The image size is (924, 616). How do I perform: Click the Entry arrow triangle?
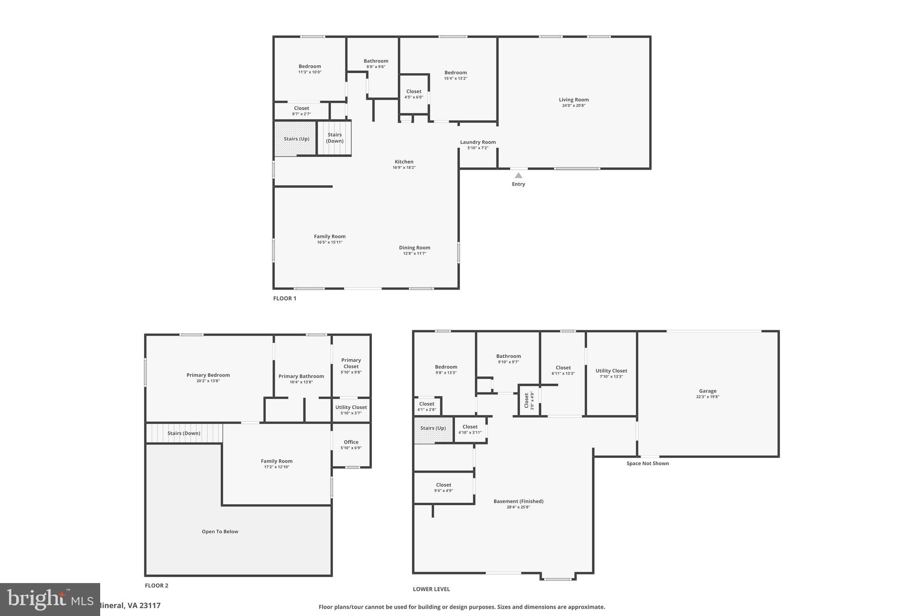pos(518,176)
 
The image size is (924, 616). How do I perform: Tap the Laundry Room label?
pos(478,142)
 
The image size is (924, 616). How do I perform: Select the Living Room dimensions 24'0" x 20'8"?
pos(573,106)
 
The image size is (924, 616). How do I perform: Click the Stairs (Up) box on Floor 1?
pos(296,139)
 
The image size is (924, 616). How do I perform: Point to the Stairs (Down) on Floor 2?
pos(184,433)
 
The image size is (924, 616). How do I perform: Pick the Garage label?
pos(707,391)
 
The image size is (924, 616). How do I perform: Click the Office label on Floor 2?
pos(351,442)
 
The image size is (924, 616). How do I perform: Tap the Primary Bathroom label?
pos(301,376)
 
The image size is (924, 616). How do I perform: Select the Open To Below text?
pos(220,532)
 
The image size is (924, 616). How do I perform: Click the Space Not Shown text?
pos(647,463)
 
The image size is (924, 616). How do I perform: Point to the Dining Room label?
pos(414,248)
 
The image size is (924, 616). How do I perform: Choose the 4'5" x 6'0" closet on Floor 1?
pos(414,94)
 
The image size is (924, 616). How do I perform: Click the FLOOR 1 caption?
pos(285,298)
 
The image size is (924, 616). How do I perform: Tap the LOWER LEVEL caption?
pos(431,589)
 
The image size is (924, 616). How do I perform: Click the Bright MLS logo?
pos(50,599)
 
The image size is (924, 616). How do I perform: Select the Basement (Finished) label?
pos(518,501)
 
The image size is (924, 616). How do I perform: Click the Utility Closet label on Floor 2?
pos(351,408)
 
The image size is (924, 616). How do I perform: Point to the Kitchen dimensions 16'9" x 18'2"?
pos(404,167)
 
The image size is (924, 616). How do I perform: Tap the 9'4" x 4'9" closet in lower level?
pos(444,487)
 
